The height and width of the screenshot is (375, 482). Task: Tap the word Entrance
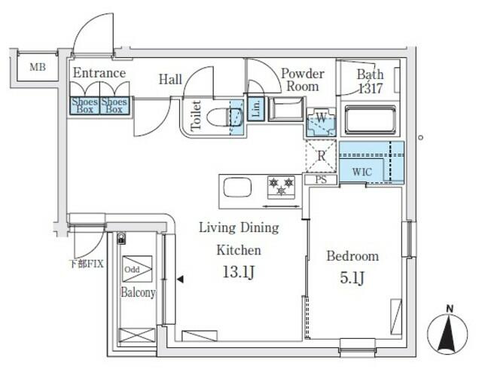[x=99, y=73]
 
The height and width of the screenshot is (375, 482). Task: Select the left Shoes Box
[x=84, y=105]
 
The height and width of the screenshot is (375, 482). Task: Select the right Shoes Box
[x=114, y=105]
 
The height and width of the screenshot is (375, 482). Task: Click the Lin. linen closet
[x=255, y=108]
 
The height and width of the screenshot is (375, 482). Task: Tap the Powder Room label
[x=302, y=79]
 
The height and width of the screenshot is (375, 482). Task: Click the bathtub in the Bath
[x=371, y=120]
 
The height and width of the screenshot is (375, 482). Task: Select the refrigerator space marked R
[x=320, y=157]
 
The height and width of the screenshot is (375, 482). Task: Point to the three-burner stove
[x=280, y=185]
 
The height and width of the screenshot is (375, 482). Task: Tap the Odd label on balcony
[x=132, y=269]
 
